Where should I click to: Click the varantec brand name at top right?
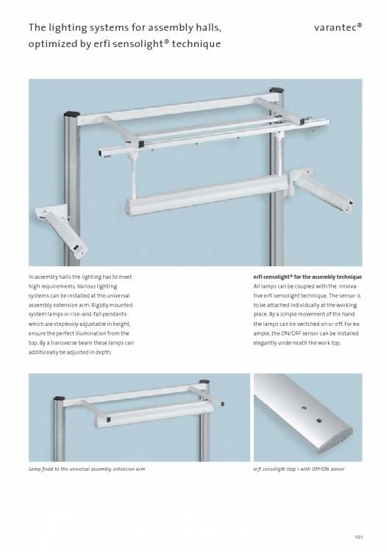pyautogui.click(x=338, y=27)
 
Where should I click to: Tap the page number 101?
pyautogui.click(x=358, y=536)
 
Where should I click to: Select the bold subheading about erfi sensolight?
pyautogui.click(x=307, y=277)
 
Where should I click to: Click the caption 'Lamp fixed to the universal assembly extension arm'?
pyautogui.click(x=87, y=469)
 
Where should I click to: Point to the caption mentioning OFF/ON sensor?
pyautogui.click(x=299, y=469)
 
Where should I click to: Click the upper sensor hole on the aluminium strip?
pyautogui.click(x=304, y=408)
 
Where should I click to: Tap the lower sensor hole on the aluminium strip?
pyautogui.click(x=319, y=420)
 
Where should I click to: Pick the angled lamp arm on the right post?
pyautogui.click(x=321, y=189)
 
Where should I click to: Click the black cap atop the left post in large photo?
pyautogui.click(x=72, y=114)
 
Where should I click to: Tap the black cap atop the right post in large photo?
pyautogui.click(x=277, y=90)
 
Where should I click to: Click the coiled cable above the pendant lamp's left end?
pyautogui.click(x=134, y=176)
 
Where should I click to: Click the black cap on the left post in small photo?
pyautogui.click(x=60, y=399)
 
